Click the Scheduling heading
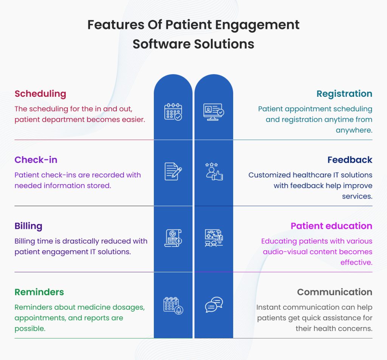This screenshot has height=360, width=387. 40,94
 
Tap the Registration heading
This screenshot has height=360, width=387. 344,94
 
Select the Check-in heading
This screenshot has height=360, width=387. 36,160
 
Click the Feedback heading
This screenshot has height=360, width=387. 350,160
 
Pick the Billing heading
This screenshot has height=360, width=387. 28,226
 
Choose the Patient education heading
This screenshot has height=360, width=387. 331,226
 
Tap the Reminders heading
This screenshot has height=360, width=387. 39,292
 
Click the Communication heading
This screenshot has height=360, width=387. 334,292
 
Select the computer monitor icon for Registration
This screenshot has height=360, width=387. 214,112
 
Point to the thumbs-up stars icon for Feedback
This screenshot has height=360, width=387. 214,171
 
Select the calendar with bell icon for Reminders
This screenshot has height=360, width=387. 173,305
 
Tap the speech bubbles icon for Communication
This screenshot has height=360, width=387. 214,305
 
